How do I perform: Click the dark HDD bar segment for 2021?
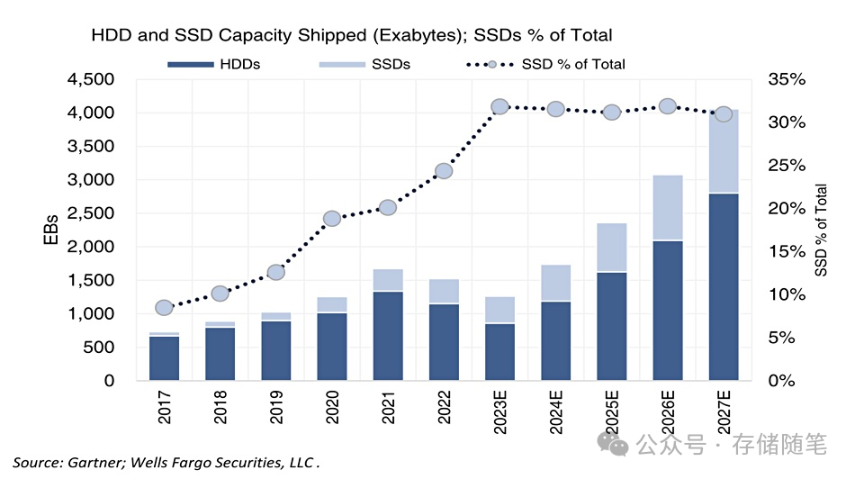point(388,335)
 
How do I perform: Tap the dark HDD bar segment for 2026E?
point(668,310)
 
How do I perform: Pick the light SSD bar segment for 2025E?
point(612,247)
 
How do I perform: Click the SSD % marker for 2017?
point(164,307)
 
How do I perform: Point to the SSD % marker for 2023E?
point(500,107)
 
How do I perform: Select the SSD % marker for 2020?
point(332,219)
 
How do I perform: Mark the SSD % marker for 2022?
point(444,171)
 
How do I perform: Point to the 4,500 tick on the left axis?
point(90,80)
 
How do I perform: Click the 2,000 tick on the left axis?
point(90,247)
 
